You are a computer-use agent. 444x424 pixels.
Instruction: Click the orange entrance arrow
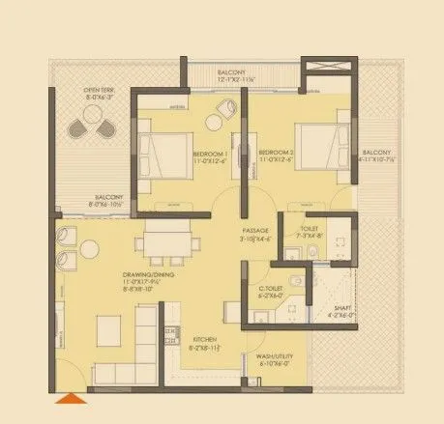click(70, 398)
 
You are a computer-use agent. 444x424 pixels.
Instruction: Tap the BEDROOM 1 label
click(209, 155)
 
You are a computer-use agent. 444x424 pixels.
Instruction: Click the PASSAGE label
click(255, 230)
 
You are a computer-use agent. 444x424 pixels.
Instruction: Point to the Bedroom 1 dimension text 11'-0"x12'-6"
click(209, 162)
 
